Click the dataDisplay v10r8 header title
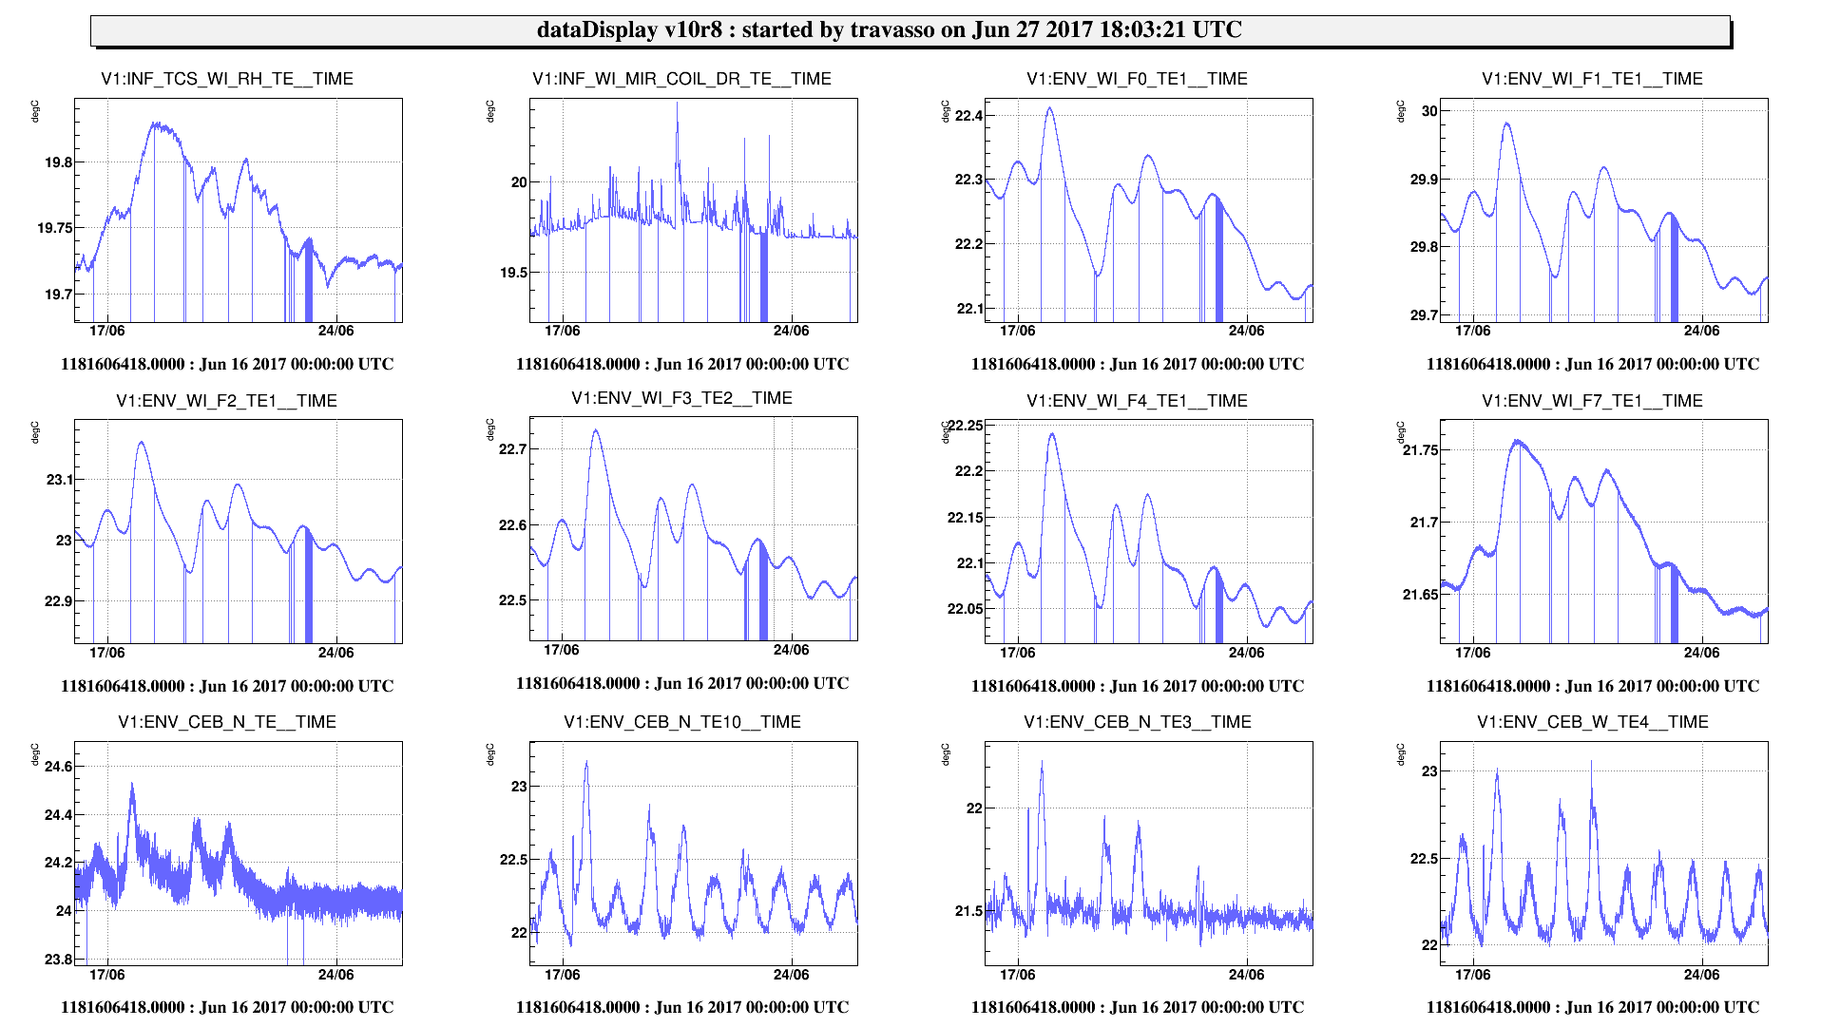(889, 29)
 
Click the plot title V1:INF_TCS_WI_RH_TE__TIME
(227, 79)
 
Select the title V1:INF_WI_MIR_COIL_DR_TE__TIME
(681, 79)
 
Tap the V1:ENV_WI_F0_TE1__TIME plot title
(1137, 79)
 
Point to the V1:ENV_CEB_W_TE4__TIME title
(1592, 722)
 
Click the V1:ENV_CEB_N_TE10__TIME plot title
(681, 722)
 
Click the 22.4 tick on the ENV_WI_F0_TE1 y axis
(968, 116)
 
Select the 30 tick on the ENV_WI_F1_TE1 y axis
(1429, 111)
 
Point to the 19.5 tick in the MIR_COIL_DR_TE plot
(513, 273)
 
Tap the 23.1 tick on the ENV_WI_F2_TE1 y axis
(59, 480)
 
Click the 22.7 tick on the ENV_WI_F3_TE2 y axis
(513, 449)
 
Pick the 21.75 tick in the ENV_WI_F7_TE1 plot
(1421, 450)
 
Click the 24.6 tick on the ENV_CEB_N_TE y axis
(59, 767)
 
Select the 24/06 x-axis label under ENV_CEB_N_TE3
(1246, 975)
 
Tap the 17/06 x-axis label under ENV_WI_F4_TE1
(1017, 653)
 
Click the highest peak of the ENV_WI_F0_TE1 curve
(1050, 107)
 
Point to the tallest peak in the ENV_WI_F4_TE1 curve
(1052, 434)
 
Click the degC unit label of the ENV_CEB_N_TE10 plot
(490, 754)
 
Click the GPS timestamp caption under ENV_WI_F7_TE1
(1592, 686)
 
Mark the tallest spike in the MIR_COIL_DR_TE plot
(678, 103)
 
